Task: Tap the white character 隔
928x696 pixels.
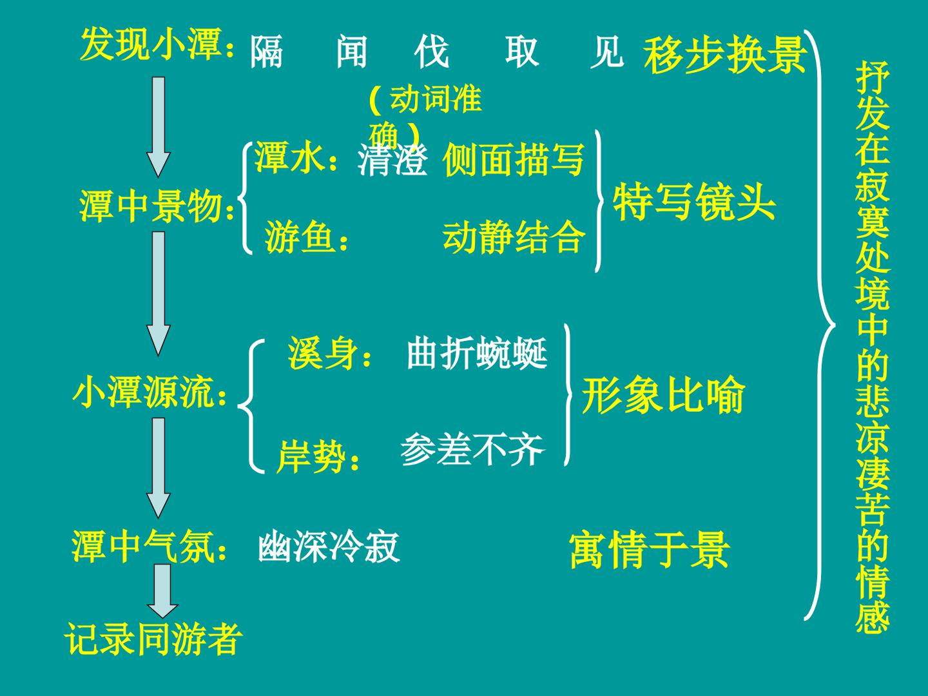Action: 266,52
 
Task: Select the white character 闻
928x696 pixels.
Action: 352,52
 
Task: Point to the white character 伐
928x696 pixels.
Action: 431,52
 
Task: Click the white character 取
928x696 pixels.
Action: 522,52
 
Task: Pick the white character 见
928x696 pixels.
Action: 606,52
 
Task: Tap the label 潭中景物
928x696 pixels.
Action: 151,206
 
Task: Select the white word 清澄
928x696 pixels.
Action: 392,160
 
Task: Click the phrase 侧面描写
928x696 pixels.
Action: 514,159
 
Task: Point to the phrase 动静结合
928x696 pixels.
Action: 514,237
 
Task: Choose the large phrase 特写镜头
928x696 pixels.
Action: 694,202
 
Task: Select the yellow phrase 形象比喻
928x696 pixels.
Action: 662,394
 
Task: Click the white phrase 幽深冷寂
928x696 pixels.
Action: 329,546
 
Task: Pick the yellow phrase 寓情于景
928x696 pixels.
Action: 650,550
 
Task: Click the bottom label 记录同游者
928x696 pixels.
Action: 153,639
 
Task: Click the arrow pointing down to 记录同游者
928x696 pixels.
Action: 162,592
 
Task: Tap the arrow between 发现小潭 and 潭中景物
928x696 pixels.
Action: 159,127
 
